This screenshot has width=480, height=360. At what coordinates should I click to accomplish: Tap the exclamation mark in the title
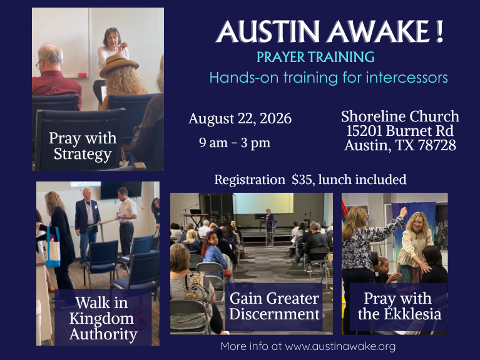pos(440,31)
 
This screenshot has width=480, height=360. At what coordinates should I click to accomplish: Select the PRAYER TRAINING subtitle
pos(315,57)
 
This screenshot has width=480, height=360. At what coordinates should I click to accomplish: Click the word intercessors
pos(407,78)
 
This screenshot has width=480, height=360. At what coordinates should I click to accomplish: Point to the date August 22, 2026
pos(240,119)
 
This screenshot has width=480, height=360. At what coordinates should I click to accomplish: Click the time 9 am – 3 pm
pos(235,143)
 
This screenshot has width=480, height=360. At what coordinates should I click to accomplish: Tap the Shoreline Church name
pos(400,116)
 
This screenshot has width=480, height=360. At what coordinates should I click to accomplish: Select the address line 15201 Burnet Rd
pos(400,131)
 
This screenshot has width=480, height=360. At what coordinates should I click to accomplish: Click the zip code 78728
pos(437,145)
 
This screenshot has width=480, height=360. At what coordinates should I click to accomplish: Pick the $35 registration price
pos(302,180)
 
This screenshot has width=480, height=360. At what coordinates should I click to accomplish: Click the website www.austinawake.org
pos(340,346)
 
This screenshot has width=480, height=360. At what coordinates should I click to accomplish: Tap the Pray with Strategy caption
pos(83,146)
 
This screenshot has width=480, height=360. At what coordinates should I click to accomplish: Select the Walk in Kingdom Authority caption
pos(103,318)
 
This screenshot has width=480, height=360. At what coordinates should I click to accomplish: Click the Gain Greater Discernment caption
pos(274,306)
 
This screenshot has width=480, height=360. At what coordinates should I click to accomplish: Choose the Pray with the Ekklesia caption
pos(399,306)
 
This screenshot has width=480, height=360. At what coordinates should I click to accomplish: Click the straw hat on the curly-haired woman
pos(119,64)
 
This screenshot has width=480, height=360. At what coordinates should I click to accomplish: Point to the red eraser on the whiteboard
pos(83,75)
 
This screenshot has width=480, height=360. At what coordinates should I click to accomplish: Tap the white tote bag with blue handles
pos(53,247)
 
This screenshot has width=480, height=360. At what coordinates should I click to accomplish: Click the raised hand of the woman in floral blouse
pos(404,212)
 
